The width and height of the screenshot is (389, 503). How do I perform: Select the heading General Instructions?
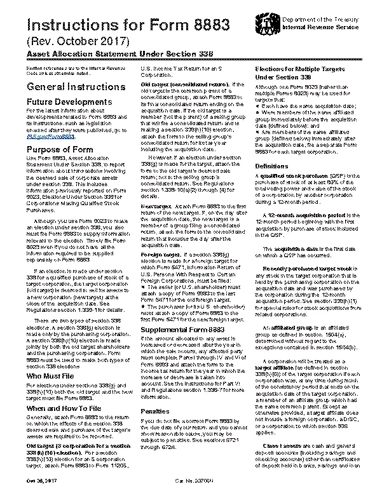(x=69, y=86)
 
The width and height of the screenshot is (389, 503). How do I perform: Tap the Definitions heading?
(x=272, y=166)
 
